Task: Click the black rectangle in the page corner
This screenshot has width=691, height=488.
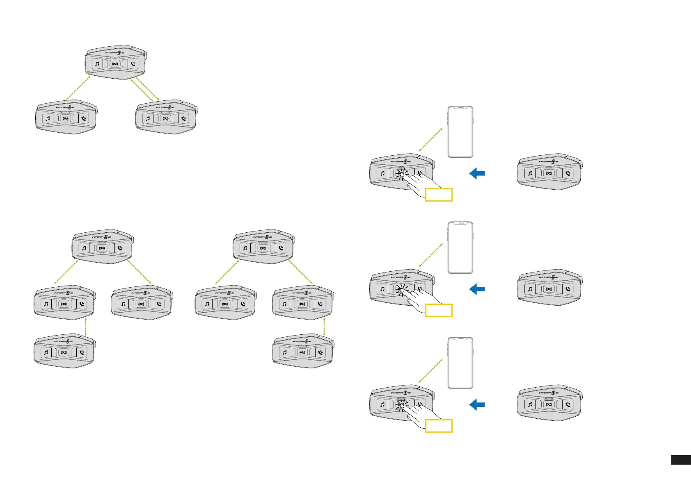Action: point(681,460)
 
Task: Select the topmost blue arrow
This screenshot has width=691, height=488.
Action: point(477,173)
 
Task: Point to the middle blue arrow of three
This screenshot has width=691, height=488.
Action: point(477,289)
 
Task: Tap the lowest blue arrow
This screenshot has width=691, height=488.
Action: point(477,405)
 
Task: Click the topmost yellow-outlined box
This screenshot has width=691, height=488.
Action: point(439,195)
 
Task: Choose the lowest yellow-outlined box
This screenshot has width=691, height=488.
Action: point(439,426)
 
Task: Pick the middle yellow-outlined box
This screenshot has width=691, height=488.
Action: point(439,310)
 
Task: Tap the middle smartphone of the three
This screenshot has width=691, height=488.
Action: point(460,247)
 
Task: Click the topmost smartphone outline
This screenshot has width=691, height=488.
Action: point(460,132)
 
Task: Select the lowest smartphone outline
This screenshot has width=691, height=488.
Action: point(460,363)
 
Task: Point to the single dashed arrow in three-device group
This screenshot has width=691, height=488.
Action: point(78,88)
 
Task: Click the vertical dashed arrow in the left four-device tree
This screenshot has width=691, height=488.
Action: point(85,327)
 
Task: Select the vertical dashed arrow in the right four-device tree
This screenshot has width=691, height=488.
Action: point(324,327)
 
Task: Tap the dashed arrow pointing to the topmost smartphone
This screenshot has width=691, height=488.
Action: point(430,140)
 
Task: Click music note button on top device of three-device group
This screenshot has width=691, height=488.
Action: point(97,64)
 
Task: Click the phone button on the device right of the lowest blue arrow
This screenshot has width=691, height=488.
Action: point(568,404)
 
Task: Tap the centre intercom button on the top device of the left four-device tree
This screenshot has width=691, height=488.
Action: point(102,248)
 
